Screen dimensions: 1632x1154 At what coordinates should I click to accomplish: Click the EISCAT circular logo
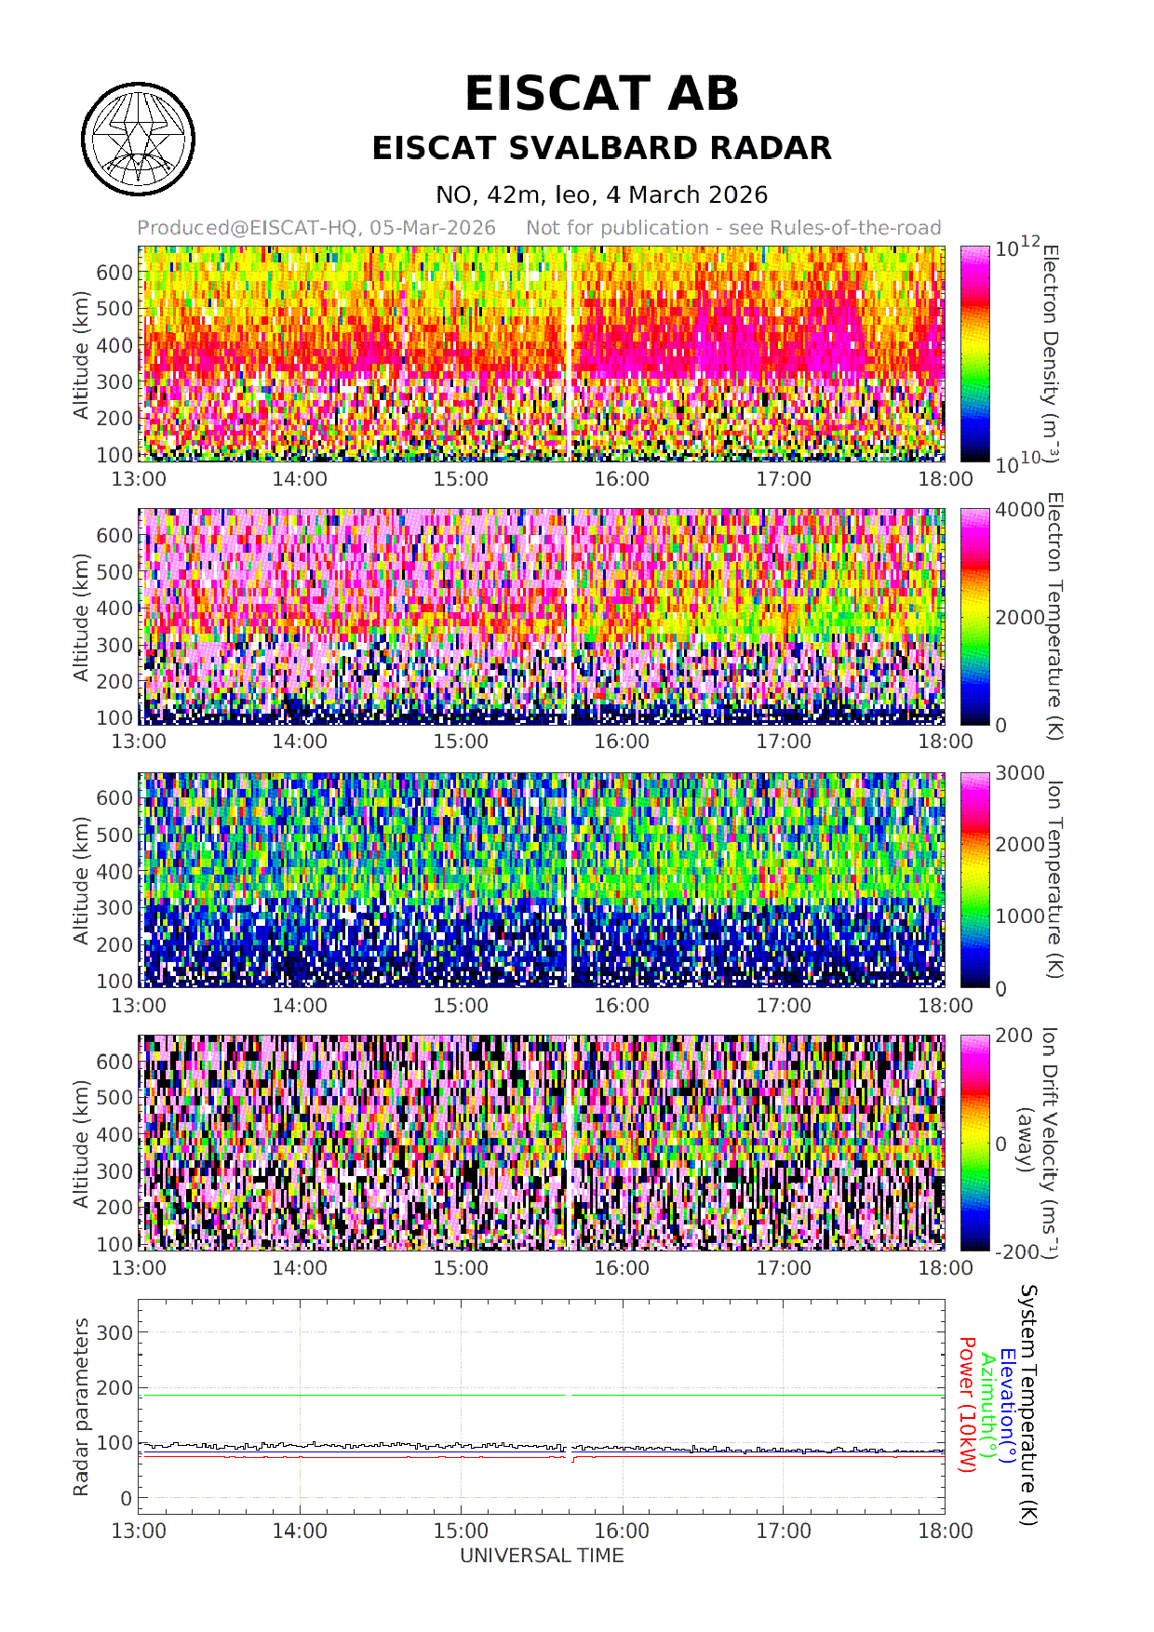point(138,140)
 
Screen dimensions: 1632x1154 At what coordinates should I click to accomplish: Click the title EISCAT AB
point(601,94)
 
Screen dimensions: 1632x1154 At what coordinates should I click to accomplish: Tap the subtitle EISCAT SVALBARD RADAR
point(601,149)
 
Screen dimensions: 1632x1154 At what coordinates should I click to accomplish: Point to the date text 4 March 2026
point(687,195)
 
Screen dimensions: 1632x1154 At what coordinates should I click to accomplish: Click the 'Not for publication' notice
point(733,228)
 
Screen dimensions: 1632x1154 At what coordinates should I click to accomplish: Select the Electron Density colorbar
point(974,354)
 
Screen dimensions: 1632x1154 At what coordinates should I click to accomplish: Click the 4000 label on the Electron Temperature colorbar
point(1019,510)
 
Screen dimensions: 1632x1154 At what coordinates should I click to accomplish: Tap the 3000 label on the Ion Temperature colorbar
point(1019,773)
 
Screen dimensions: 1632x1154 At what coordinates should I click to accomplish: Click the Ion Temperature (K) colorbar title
point(1053,879)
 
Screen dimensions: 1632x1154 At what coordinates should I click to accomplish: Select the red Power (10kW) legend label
point(967,1405)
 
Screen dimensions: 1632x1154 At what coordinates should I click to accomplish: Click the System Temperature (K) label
point(1027,1405)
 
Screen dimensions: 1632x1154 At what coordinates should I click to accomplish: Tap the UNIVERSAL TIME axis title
point(542,1556)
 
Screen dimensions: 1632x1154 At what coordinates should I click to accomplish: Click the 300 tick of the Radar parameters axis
point(114,1332)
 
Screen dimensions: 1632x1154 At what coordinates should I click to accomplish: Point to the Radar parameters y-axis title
point(81,1407)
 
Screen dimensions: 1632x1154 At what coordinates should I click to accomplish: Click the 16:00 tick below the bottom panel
point(622,1532)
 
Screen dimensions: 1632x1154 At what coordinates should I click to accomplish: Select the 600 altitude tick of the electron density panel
point(114,273)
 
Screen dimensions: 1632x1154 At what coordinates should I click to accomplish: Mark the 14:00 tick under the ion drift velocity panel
point(300,1268)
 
